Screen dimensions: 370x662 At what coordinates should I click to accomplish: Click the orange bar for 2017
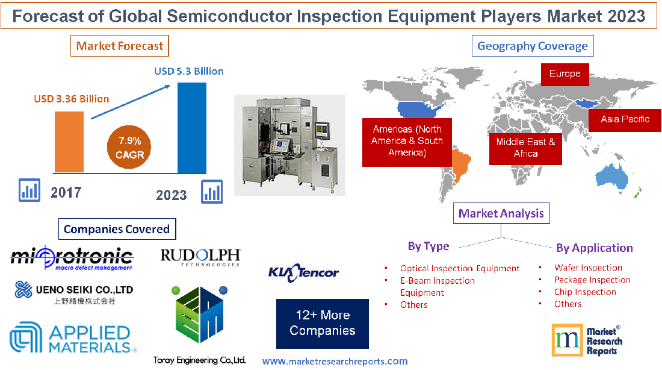pos(69,142)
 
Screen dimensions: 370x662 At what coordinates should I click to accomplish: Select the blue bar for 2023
pos(192,127)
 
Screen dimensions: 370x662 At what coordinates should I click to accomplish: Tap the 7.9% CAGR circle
pos(129,148)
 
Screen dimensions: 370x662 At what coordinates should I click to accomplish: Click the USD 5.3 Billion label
pos(188,71)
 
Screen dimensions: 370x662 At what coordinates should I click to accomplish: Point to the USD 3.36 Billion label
pos(72,99)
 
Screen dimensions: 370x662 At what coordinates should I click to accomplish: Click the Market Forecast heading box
pos(120,46)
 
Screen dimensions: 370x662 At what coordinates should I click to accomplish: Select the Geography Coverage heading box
pos(532,46)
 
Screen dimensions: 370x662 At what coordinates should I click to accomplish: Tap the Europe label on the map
pos(565,74)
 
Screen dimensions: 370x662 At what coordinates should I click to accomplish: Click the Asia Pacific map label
pos(625,119)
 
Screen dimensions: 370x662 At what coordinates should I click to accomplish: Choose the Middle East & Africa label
pos(525,148)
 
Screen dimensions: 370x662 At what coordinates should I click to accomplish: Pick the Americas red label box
pos(406,141)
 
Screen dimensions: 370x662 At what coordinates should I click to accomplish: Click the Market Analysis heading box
pos(501,213)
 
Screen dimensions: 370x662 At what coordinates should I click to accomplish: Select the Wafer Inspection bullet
pos(588,268)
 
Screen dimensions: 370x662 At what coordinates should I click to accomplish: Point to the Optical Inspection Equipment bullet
pos(459,268)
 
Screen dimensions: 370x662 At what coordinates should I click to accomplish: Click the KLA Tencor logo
pos(303,272)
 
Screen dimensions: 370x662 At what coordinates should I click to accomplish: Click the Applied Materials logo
pos(72,339)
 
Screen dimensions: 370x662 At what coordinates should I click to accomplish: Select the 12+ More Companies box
pos(322,323)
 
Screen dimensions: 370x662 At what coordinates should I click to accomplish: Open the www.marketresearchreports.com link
pos(335,361)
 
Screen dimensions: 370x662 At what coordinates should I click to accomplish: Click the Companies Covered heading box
pos(117,229)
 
